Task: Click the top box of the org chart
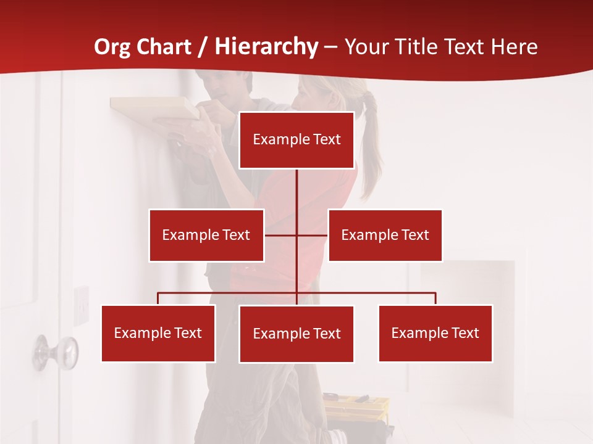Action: tap(296, 140)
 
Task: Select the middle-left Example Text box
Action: tap(206, 235)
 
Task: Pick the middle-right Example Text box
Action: tap(385, 235)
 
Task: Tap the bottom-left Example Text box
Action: tap(158, 333)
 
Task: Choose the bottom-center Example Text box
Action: tap(296, 334)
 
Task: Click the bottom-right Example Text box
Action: tap(435, 333)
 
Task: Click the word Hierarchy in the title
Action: tap(267, 46)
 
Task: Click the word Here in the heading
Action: tap(514, 46)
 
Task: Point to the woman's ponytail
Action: tap(371, 142)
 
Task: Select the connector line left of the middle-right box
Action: tap(313, 235)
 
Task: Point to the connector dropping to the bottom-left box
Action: tap(158, 298)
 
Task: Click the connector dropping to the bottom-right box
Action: tap(435, 298)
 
